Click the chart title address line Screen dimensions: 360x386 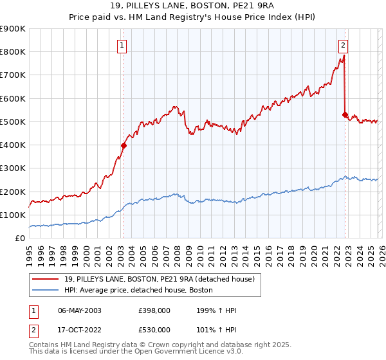[x=193, y=6]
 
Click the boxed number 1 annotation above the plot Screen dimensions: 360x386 [x=122, y=45]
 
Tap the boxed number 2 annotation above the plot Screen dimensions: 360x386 [x=344, y=45]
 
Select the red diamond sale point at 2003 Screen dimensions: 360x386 [x=124, y=145]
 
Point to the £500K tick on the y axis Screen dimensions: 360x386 [x=13, y=122]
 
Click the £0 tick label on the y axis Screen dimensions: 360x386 [x=19, y=238]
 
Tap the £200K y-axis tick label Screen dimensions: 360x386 [x=13, y=192]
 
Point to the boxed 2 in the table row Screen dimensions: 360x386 [x=32, y=330]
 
